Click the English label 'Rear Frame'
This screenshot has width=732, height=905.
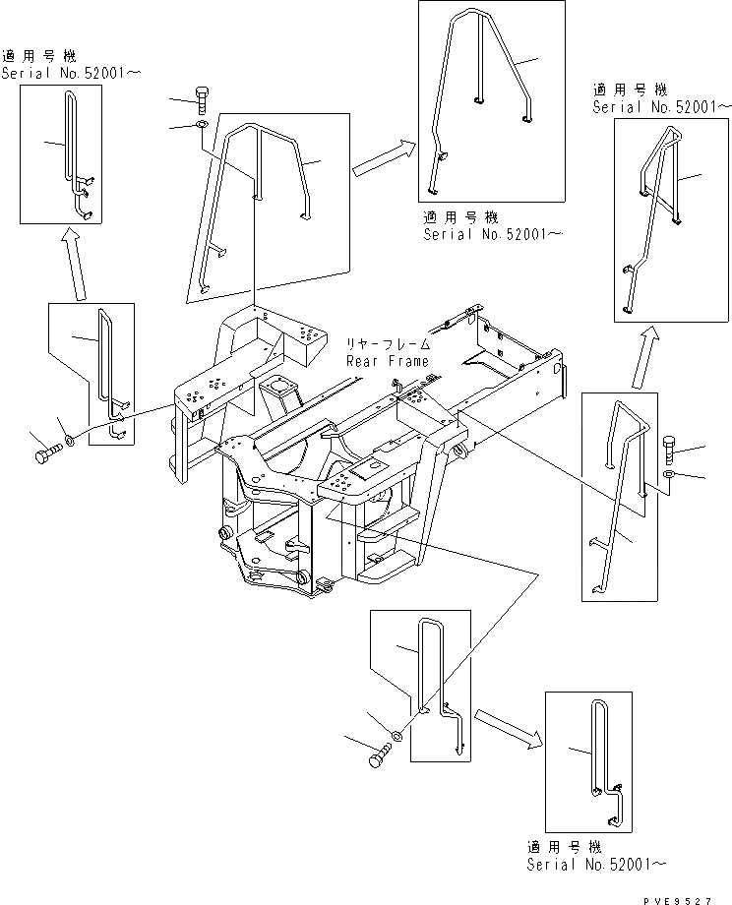click(x=387, y=361)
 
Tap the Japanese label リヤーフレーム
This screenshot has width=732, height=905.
click(x=387, y=345)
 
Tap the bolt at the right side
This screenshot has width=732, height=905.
click(x=670, y=450)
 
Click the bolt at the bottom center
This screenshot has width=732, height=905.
click(x=379, y=758)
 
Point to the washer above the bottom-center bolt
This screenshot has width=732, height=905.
click(x=396, y=735)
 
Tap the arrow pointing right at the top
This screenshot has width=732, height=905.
click(x=380, y=156)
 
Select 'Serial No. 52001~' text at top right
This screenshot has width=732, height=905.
click(x=662, y=105)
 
